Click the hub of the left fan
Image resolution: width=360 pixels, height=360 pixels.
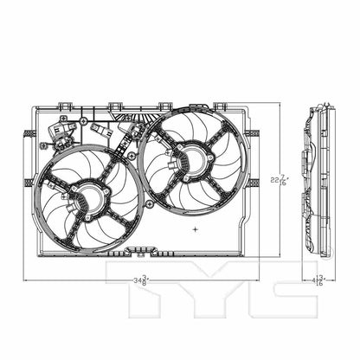pyautogui.click(x=87, y=197)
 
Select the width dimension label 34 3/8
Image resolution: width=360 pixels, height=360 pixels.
pyautogui.click(x=142, y=280)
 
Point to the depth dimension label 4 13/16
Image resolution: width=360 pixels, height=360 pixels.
pyautogui.click(x=320, y=280)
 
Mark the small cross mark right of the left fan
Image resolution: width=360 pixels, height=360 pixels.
pyautogui.click(x=196, y=229)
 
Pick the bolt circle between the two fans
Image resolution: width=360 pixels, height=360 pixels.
pyautogui.click(x=150, y=203)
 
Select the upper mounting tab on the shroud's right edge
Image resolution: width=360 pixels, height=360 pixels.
pyautogui.click(x=254, y=132)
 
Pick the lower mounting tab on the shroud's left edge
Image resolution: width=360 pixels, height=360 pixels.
pyautogui.click(x=29, y=183)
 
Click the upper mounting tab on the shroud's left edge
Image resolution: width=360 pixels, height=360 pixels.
pyautogui.click(x=29, y=132)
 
